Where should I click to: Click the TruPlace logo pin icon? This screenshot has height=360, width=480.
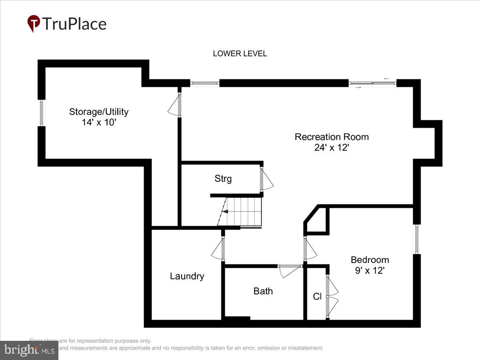(x=34, y=23)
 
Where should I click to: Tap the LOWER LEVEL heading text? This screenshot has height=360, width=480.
(x=240, y=54)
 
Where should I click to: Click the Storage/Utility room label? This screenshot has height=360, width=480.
(x=99, y=112)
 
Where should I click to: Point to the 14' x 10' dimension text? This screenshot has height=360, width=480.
(x=99, y=122)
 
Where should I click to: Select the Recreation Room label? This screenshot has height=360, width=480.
(x=332, y=137)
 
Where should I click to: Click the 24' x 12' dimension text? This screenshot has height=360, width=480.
(x=332, y=148)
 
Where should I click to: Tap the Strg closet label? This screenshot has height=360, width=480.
(x=223, y=179)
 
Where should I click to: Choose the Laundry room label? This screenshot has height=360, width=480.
(x=187, y=276)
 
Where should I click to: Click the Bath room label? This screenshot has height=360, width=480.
(x=263, y=291)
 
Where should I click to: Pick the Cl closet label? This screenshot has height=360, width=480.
(x=317, y=297)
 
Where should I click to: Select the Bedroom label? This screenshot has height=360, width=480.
(x=370, y=260)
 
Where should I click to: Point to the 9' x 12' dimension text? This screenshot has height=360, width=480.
(x=370, y=270)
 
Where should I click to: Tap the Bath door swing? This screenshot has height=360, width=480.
(x=289, y=271)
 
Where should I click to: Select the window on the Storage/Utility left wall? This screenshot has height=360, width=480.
(x=42, y=113)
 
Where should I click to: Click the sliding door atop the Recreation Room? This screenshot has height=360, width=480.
(x=372, y=83)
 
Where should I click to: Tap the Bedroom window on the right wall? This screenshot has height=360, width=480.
(x=416, y=239)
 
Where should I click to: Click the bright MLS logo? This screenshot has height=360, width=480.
(x=29, y=350)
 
